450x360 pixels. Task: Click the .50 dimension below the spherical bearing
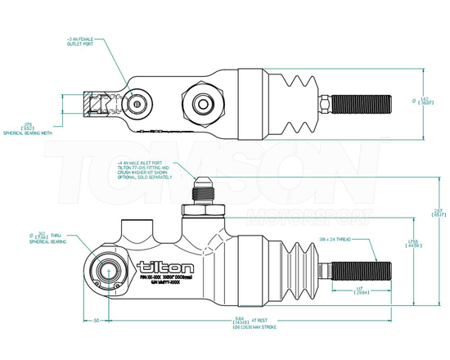click(97, 320)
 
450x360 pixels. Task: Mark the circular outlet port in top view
click(136, 104)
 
